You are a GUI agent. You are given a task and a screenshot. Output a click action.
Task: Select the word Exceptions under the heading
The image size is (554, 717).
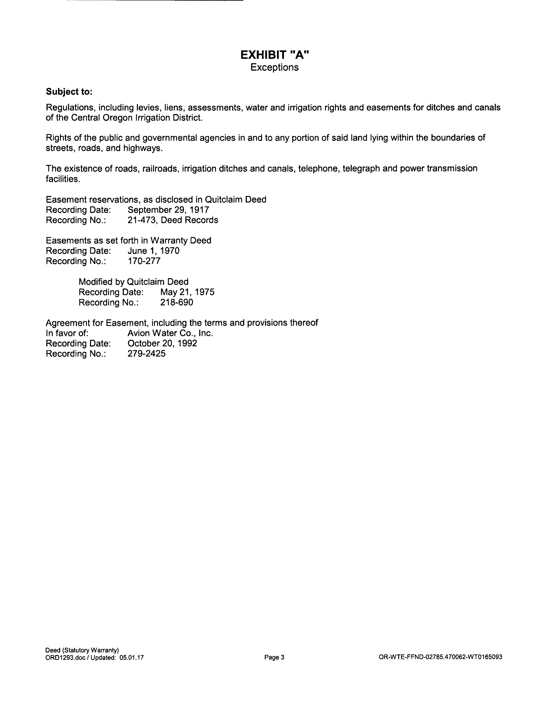(x=274, y=67)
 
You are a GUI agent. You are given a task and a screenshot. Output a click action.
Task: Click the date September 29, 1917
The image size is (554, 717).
(x=168, y=210)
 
